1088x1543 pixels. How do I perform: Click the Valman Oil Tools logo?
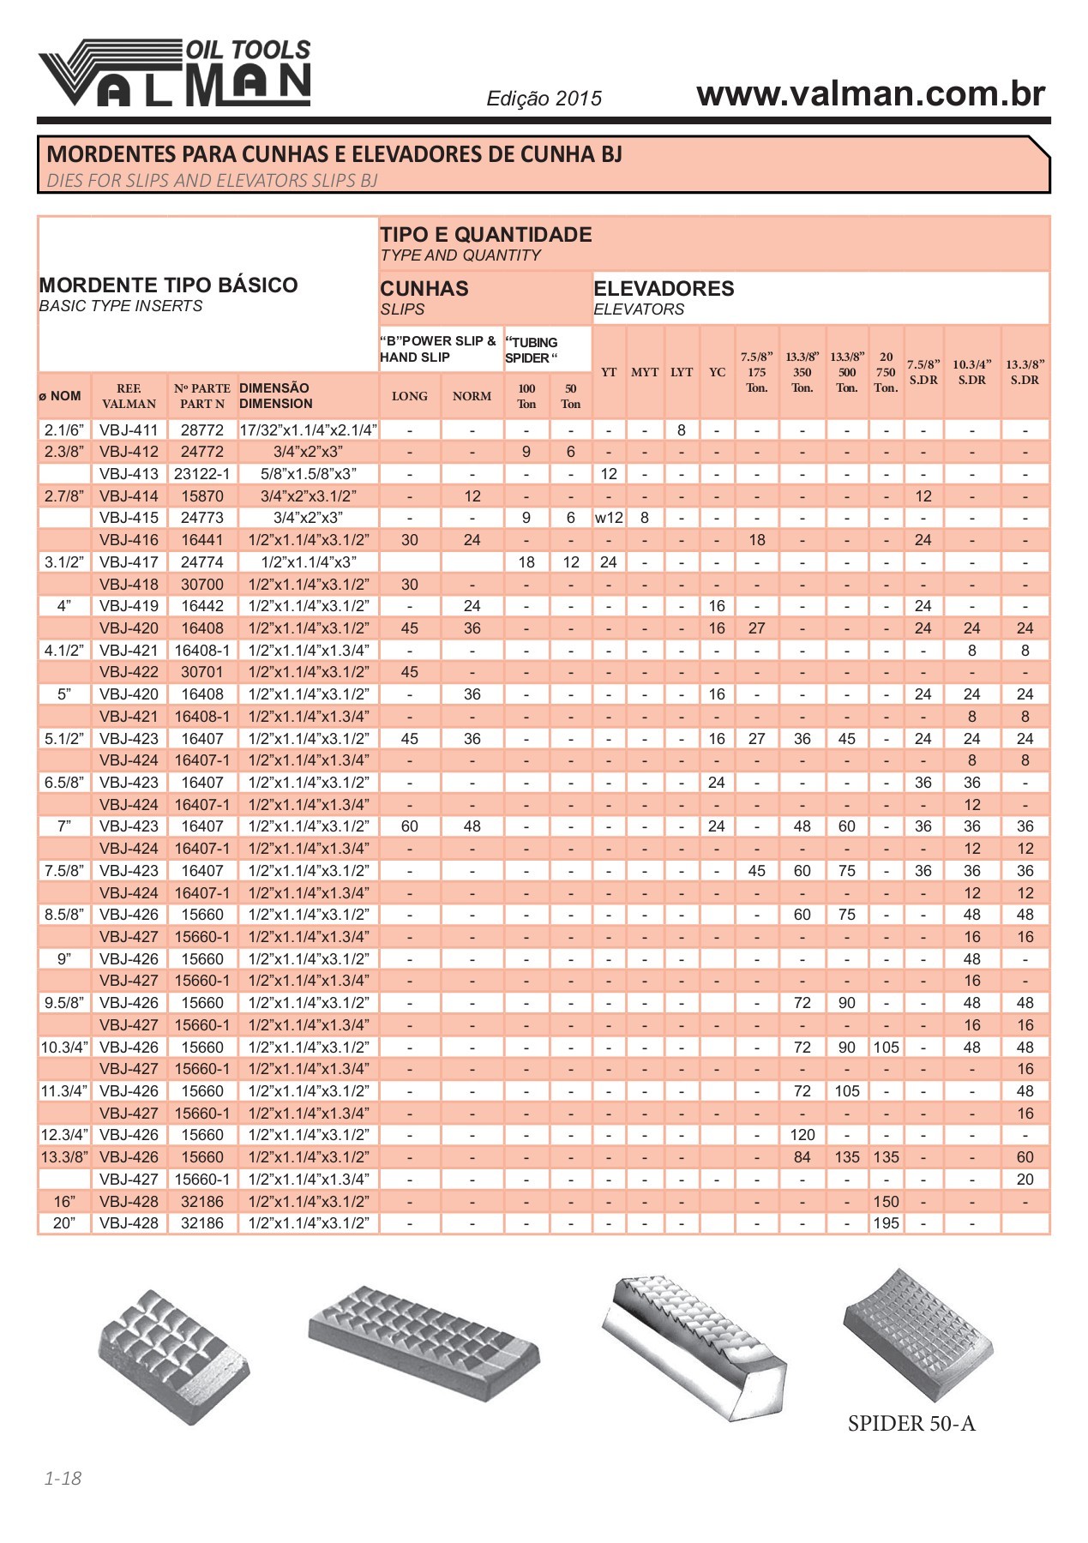tap(175, 74)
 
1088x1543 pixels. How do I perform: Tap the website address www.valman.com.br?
tap(870, 93)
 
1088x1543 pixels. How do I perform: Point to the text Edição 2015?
tap(544, 99)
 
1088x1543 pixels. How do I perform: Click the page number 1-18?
tap(63, 1478)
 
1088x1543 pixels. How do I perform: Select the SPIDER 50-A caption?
tap(911, 1424)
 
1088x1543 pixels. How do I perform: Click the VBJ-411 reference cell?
tap(129, 430)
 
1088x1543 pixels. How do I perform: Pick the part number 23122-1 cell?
tap(202, 474)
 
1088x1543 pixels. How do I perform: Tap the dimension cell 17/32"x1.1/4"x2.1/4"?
tap(309, 430)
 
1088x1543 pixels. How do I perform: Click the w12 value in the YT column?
tap(609, 518)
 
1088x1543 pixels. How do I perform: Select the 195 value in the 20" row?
tap(886, 1223)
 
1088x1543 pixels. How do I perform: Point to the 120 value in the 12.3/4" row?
tap(802, 1135)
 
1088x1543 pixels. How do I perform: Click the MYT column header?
tap(645, 372)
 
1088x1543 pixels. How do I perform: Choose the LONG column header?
tap(410, 396)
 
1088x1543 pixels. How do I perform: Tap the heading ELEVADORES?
tap(664, 288)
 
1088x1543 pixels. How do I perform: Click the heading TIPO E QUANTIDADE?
tap(485, 235)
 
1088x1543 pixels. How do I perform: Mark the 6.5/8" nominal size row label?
tap(64, 783)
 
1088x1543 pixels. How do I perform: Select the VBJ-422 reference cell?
tap(129, 672)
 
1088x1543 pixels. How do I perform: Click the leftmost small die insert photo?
tap(173, 1357)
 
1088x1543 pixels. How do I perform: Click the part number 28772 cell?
tap(202, 430)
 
